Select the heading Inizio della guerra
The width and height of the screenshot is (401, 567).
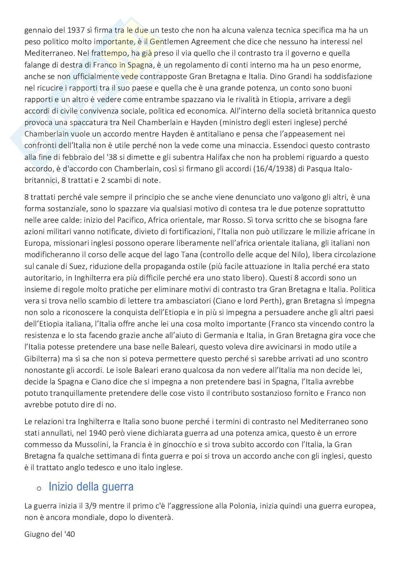tap(91, 487)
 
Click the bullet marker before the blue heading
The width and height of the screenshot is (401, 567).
tap(39, 488)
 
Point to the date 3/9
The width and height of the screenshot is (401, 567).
tap(91, 506)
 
